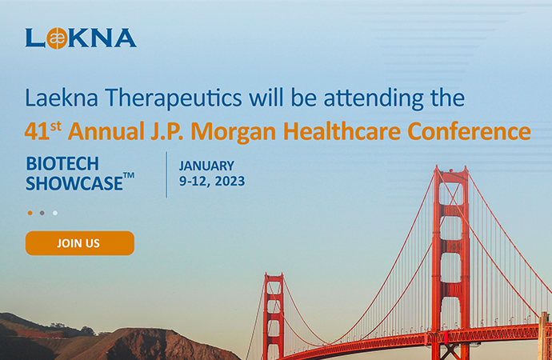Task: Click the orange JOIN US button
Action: [x=80, y=243]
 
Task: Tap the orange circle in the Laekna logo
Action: [x=57, y=38]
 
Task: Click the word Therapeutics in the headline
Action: [x=174, y=98]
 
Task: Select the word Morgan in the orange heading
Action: [x=233, y=132]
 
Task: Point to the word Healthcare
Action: [x=342, y=131]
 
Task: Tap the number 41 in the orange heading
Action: [x=37, y=132]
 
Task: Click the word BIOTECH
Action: [x=62, y=164]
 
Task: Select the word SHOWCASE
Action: [x=74, y=183]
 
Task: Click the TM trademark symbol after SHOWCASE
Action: [x=129, y=175]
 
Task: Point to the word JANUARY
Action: [x=206, y=166]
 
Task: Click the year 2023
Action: [x=230, y=182]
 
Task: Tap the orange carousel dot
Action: [x=30, y=213]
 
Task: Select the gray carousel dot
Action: [x=42, y=213]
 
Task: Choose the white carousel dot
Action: [x=55, y=213]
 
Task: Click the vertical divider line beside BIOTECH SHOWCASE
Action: [x=166, y=175]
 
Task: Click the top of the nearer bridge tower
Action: [x=451, y=169]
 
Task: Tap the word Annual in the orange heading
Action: [x=106, y=131]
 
